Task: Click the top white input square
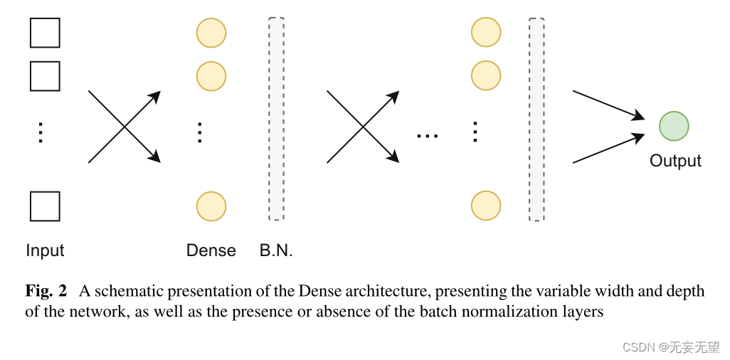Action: point(45,33)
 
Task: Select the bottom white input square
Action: point(45,206)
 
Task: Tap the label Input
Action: point(45,250)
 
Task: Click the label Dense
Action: point(211,250)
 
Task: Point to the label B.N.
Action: point(276,250)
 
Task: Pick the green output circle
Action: point(674,127)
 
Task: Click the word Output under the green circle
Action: point(675,161)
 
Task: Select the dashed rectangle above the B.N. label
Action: point(276,118)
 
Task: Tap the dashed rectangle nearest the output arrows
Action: point(536,118)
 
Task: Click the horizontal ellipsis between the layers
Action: point(428,135)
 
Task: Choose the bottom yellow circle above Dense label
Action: point(211,206)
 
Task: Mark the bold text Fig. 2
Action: point(46,291)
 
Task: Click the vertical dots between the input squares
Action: point(41,132)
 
